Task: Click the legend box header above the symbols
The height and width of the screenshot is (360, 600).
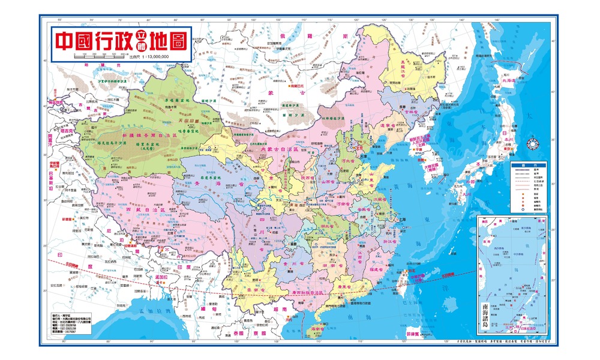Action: pos(529,165)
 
